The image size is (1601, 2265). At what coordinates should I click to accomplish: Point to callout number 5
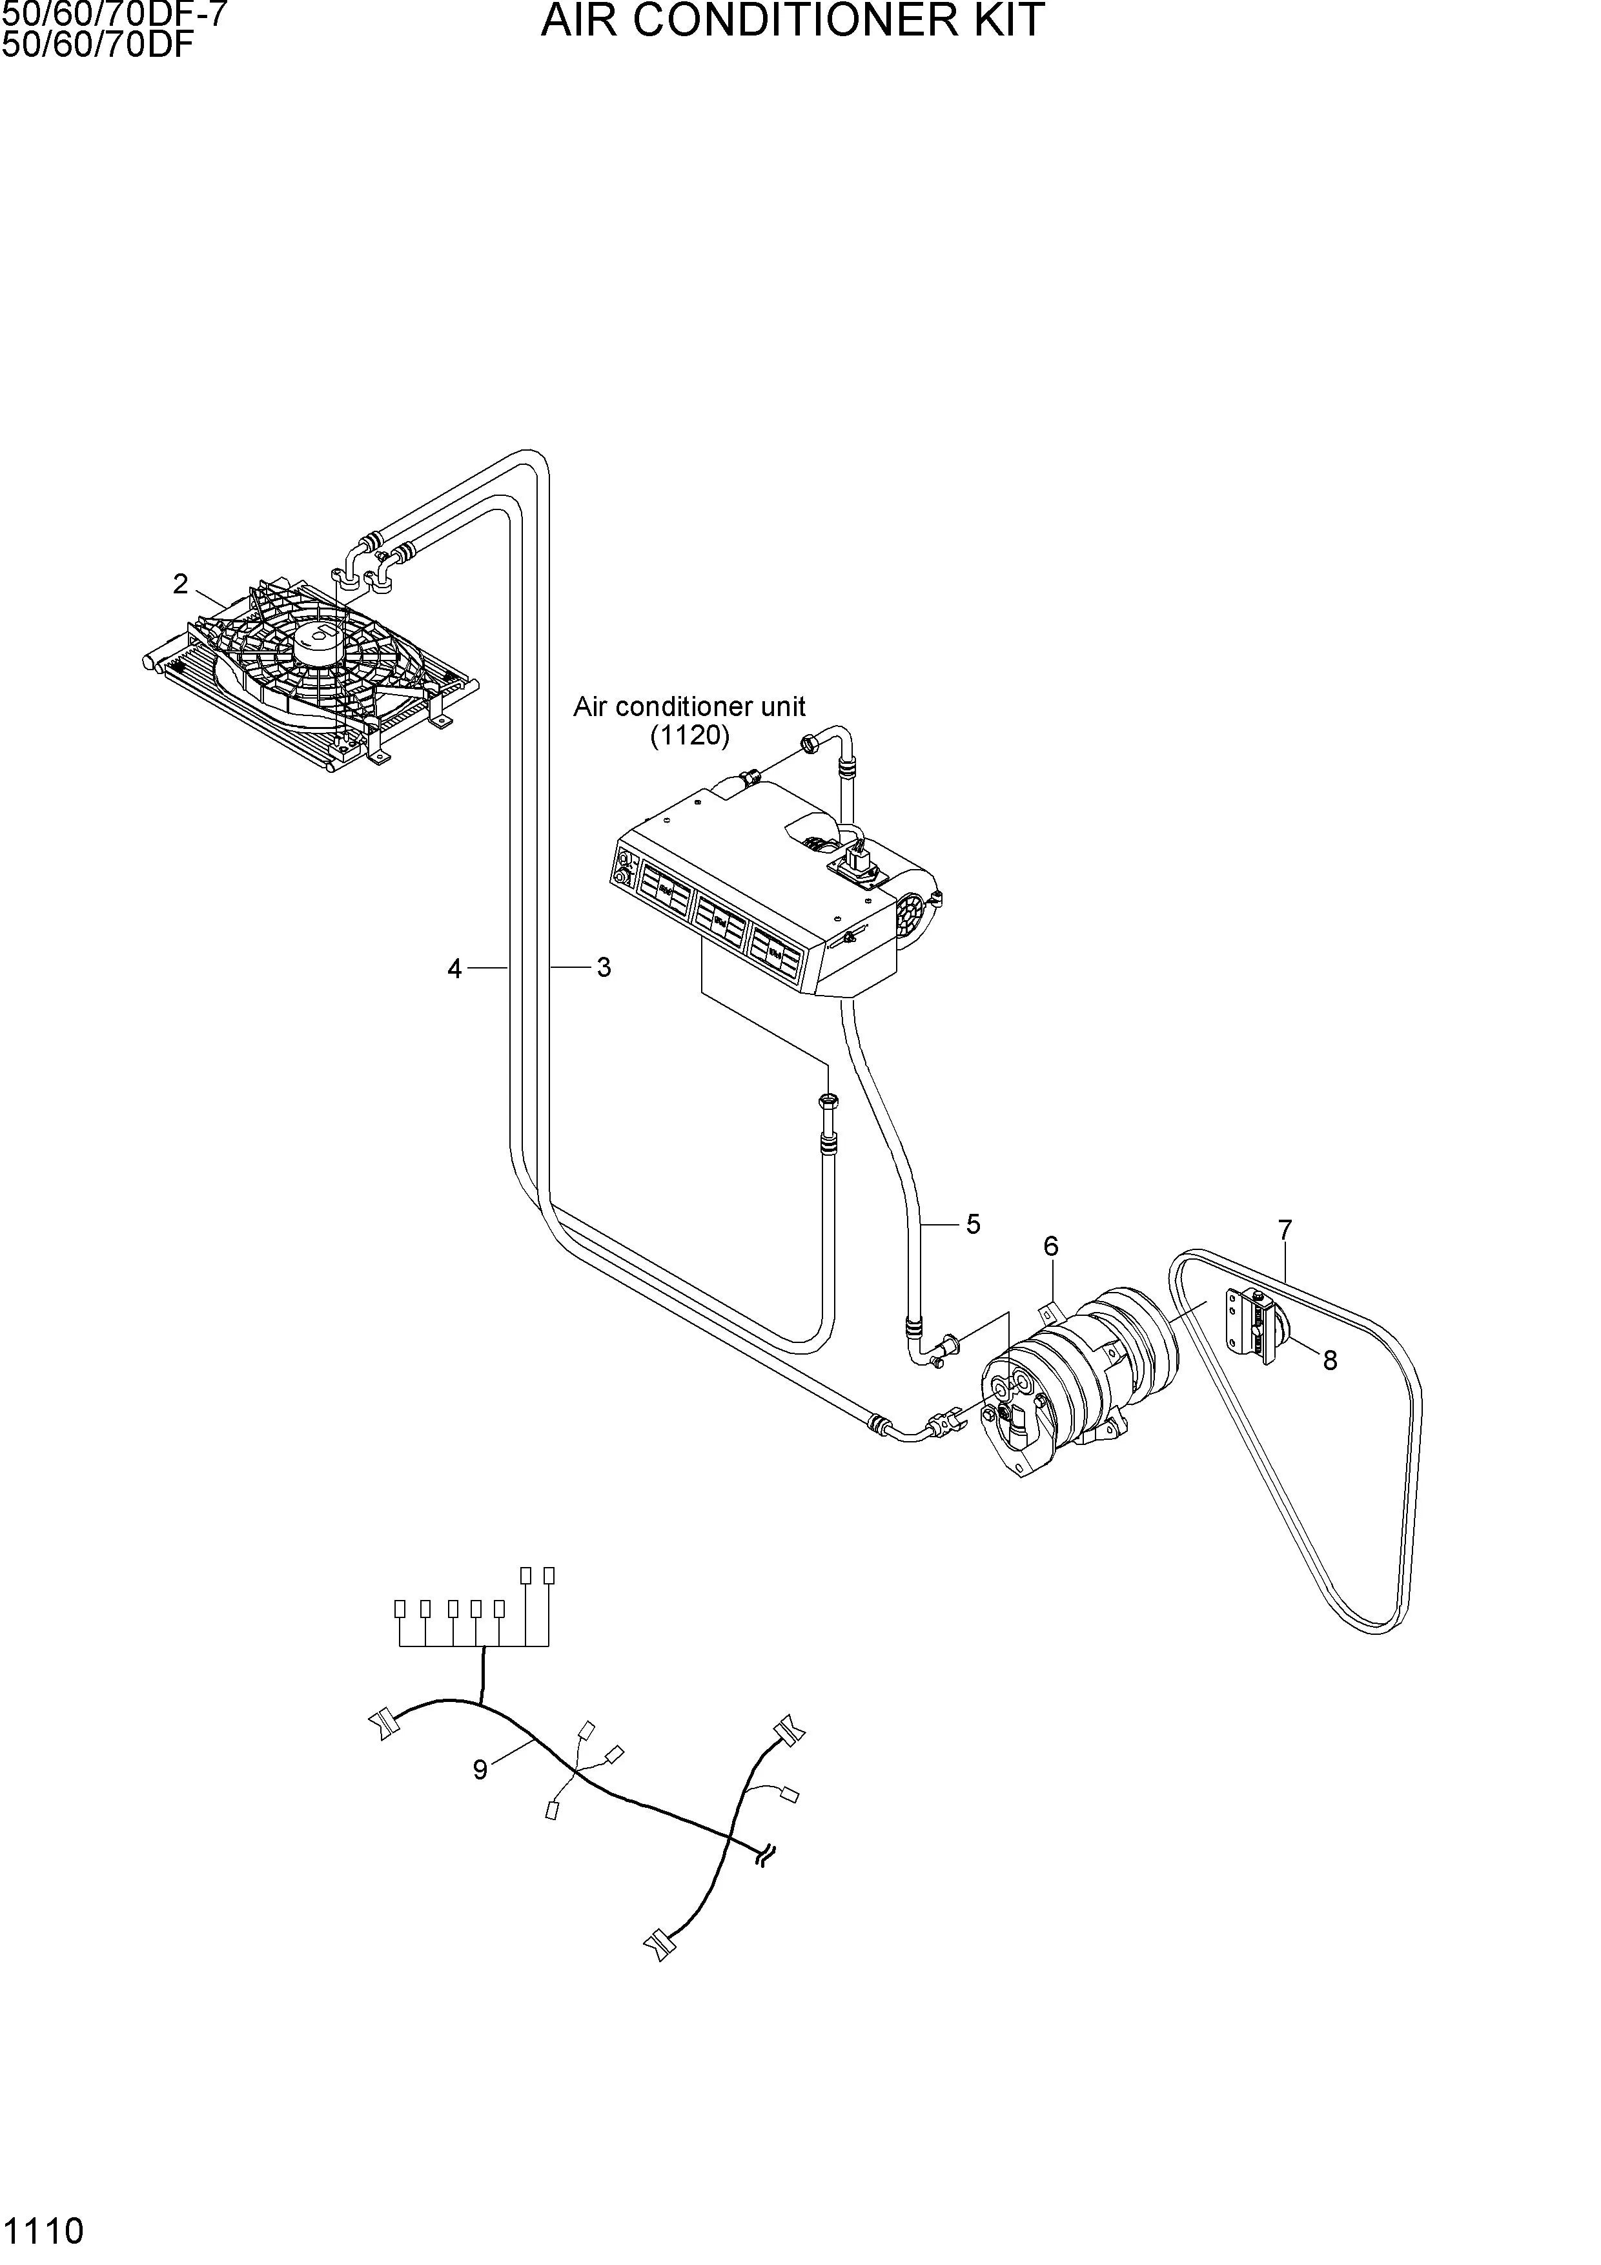pos(973,1224)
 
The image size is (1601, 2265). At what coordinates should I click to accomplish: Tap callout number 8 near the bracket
pos(1330,1360)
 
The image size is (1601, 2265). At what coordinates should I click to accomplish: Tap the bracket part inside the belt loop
pos(1252,1327)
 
